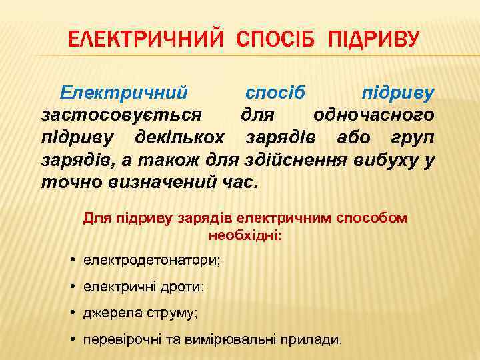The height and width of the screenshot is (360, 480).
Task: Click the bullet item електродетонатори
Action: [151, 259]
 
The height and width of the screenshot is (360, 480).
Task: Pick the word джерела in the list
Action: [110, 313]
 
